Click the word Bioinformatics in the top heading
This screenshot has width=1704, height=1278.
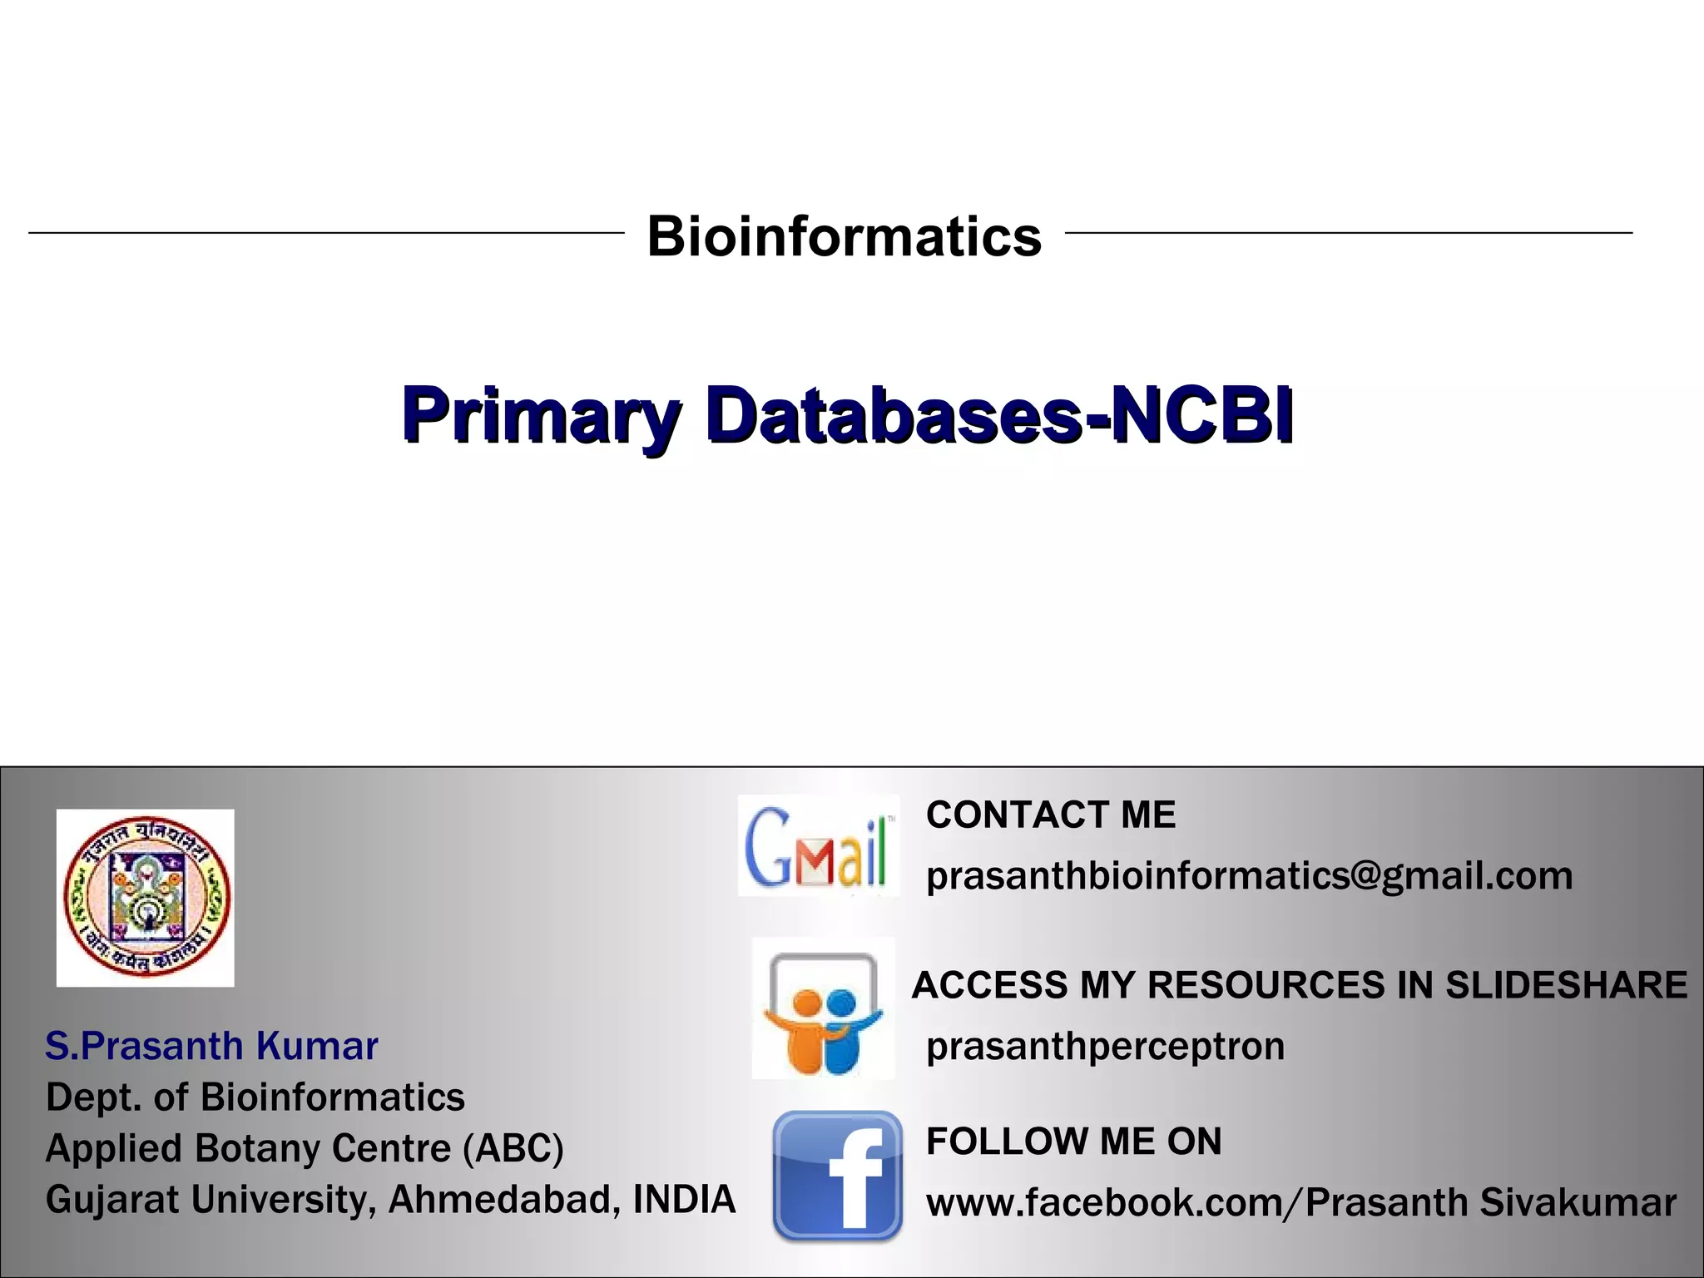click(844, 236)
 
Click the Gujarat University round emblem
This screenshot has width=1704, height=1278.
click(146, 897)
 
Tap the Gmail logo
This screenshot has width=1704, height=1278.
click(817, 847)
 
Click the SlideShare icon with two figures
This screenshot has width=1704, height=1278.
click(823, 1008)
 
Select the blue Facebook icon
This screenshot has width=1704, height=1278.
click(837, 1176)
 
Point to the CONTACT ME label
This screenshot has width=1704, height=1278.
click(1051, 815)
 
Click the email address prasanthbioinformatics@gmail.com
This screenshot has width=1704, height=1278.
click(1249, 876)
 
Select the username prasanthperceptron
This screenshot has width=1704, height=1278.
click(1105, 1047)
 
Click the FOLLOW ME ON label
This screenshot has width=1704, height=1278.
click(1073, 1142)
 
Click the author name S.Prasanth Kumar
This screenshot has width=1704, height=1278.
click(211, 1046)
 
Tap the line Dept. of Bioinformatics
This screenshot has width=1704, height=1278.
click(255, 1097)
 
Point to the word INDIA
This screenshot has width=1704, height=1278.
click(684, 1200)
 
